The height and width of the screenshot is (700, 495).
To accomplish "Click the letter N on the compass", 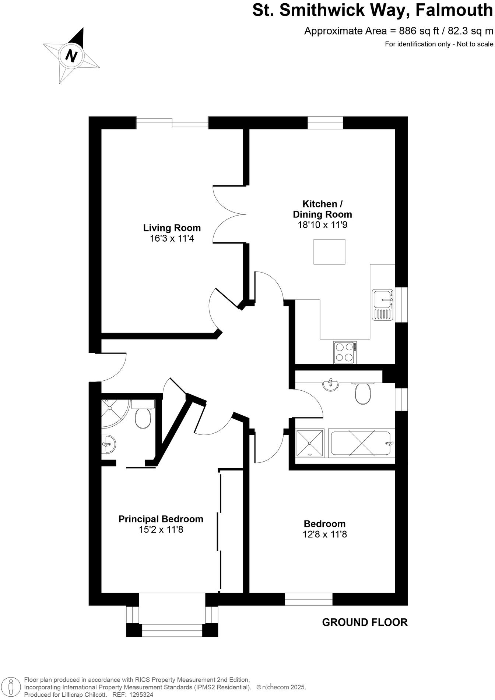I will coord(71,56).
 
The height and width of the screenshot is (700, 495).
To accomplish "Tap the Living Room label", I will coord(172,228).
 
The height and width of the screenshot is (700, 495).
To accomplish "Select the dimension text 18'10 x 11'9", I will coord(322,225).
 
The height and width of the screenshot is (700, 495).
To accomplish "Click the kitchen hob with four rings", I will coord(345,352).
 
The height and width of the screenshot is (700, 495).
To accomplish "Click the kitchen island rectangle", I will coord(329,252).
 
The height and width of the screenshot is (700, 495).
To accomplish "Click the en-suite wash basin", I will coord(109,444).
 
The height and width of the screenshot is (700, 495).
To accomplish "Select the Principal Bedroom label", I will coord(161,519).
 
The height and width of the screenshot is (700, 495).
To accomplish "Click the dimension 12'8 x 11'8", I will coord(324,534).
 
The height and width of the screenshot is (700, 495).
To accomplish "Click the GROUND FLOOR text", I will coord(365,622).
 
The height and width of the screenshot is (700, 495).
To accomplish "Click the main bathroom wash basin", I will coord(330,385).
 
